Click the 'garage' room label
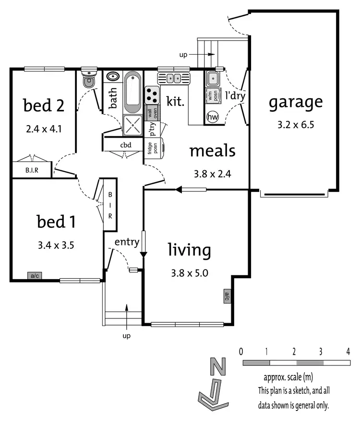295,102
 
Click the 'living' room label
189,250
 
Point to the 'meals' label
212,151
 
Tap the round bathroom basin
113,77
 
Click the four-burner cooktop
152,94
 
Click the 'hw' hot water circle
212,117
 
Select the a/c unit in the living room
227,296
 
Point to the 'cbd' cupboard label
126,145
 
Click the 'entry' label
127,241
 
